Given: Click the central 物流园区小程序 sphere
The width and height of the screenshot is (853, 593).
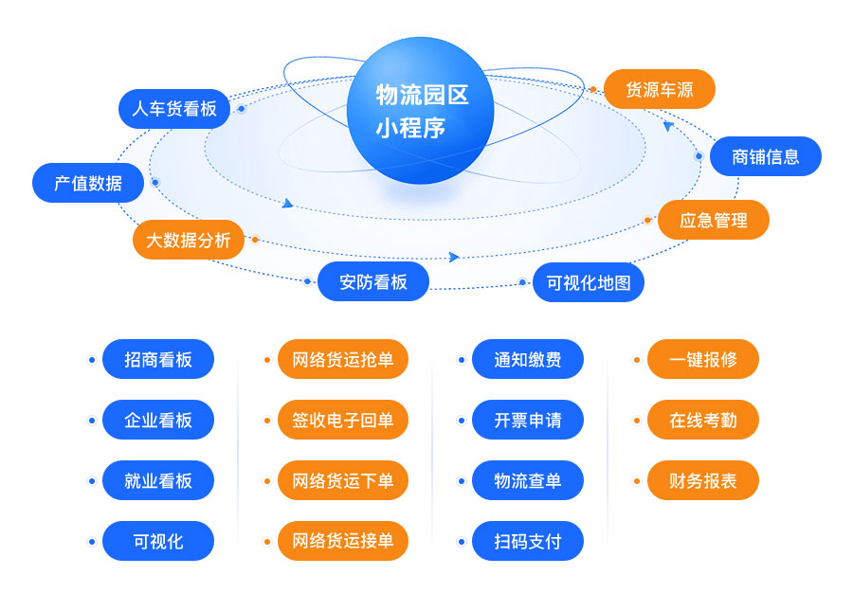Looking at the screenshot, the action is tap(420, 110).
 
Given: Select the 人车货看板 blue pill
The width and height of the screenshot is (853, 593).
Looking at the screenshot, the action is tap(174, 109).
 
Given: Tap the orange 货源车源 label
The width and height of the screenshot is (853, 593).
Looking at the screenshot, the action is tap(660, 89).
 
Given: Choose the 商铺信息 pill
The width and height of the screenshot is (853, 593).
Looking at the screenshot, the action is tap(766, 156).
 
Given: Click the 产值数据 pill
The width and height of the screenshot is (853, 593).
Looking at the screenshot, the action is tap(88, 183).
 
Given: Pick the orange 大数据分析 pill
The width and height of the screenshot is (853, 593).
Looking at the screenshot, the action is tap(189, 240).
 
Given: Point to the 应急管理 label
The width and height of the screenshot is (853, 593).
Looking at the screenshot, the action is tap(713, 220).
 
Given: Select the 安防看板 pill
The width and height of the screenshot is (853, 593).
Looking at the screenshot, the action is tap(373, 281).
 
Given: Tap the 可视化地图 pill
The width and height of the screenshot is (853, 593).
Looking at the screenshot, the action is tap(588, 282).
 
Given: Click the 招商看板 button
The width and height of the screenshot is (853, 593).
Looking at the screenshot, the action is tap(158, 359).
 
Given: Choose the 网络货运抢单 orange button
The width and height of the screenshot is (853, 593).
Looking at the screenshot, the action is tap(343, 359).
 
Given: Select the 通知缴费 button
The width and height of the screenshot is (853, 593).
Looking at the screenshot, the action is tap(528, 359).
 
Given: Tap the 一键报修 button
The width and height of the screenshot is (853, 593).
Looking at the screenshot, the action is tap(703, 359).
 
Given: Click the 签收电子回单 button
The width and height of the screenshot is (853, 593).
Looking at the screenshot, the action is tap(343, 420).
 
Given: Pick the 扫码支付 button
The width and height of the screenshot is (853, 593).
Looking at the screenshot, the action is tap(528, 541).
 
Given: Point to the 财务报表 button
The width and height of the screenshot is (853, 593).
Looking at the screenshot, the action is tap(703, 480).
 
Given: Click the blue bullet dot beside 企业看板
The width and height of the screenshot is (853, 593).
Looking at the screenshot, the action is tap(92, 421).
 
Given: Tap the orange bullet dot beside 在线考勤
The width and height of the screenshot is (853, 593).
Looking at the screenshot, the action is tap(637, 421).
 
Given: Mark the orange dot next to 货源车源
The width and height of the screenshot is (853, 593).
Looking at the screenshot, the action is tap(593, 89).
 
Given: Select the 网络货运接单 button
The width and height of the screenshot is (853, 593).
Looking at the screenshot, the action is tap(343, 541).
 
